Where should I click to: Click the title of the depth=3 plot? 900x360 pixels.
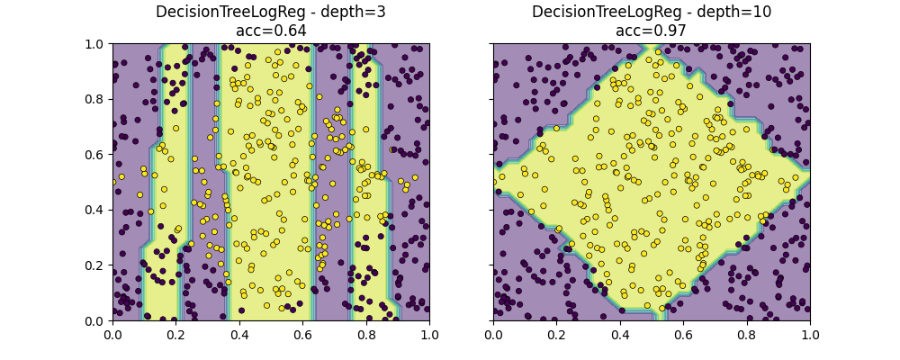[270, 13]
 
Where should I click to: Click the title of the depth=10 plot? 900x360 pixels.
[651, 13]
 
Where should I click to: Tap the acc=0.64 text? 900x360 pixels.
[270, 31]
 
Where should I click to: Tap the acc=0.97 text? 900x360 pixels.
[651, 31]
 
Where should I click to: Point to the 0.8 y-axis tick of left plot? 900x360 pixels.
[96, 99]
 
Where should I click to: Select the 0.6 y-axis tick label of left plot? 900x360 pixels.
[96, 155]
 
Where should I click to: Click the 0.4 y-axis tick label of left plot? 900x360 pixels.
[96, 210]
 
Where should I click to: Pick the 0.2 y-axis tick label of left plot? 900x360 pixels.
[96, 265]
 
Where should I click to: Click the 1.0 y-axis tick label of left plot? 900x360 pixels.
[96, 44]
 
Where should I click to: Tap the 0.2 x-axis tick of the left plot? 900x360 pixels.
[175, 335]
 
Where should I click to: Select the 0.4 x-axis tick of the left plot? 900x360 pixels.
[239, 335]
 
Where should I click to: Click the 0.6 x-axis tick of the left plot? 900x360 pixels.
[302, 335]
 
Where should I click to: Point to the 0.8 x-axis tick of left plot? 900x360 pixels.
[366, 335]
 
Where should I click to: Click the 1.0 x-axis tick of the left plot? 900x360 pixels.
[429, 335]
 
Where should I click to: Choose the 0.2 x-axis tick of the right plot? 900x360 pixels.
[556, 335]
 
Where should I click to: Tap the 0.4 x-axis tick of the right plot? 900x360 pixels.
[620, 335]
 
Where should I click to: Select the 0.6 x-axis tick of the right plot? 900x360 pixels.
[683, 335]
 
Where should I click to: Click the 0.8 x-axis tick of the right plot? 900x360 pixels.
[747, 335]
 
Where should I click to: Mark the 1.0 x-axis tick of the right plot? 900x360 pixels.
[810, 335]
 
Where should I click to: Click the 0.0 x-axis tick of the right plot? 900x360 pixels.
[493, 335]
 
